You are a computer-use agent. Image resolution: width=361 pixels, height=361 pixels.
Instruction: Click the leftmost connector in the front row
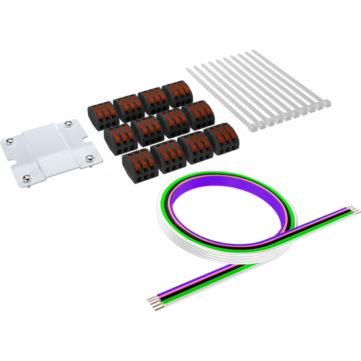click(x=135, y=163)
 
